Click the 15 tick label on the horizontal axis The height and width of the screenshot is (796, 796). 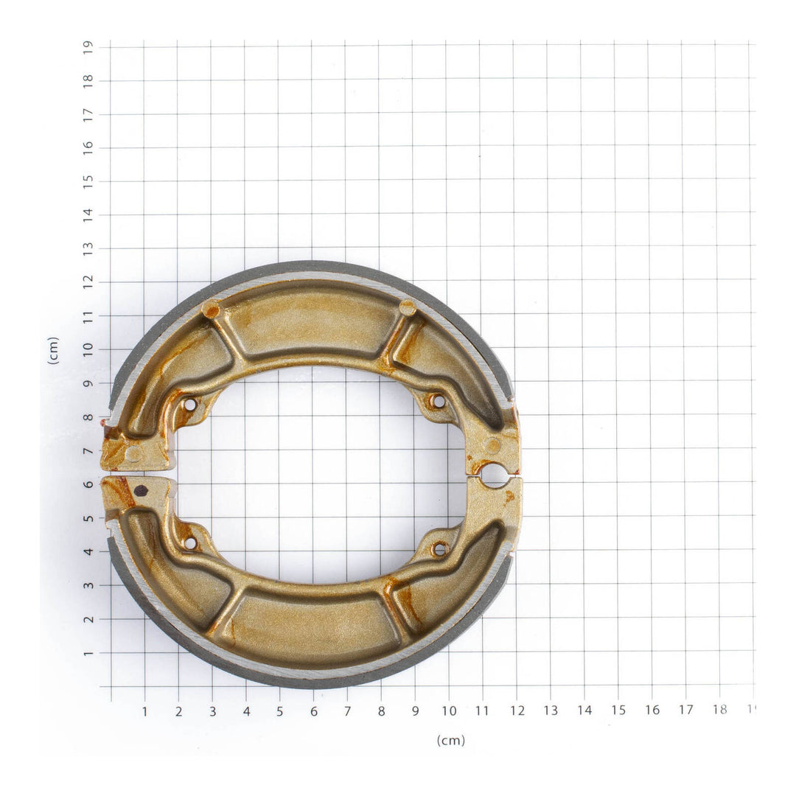(618, 711)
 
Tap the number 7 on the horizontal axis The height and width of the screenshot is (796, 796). (347, 711)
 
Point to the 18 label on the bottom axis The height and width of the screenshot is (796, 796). (719, 710)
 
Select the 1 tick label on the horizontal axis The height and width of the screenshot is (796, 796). (144, 711)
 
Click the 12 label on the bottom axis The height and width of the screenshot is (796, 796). (517, 711)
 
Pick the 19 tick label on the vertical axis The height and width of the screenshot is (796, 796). (88, 47)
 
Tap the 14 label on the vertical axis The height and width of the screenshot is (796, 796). (88, 215)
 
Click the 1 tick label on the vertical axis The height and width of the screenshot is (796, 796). (88, 652)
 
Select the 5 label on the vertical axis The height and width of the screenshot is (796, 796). (88, 518)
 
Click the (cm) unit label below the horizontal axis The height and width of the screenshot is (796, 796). (450, 740)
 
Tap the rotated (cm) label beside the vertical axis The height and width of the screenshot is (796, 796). (53, 350)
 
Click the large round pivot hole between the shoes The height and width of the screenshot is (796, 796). (494, 476)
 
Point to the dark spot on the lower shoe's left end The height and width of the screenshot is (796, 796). (140, 491)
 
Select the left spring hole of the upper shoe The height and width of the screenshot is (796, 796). (189, 405)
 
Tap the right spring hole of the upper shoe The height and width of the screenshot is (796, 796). (439, 402)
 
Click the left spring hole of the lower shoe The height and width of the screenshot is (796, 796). (189, 543)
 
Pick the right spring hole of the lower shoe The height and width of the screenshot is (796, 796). (440, 549)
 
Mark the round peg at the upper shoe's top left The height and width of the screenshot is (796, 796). (211, 310)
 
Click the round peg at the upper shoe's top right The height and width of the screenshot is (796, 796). (407, 307)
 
